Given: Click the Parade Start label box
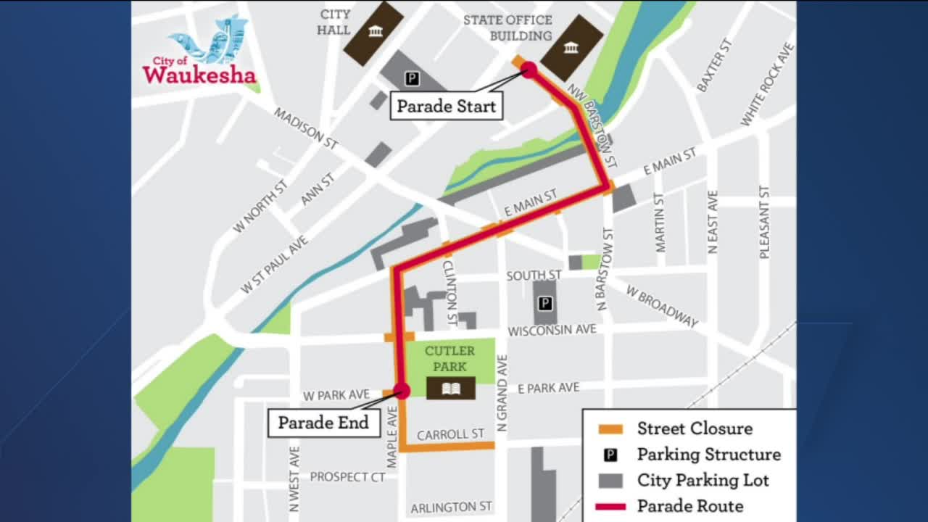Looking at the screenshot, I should [x=446, y=107].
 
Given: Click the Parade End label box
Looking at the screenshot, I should [x=323, y=423].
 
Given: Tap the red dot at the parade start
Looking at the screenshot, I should [x=529, y=70].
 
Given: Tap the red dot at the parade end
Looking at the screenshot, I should [x=402, y=391].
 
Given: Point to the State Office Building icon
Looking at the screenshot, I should [x=571, y=48].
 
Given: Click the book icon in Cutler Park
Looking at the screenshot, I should [x=450, y=389].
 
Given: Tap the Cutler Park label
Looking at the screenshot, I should [x=449, y=358].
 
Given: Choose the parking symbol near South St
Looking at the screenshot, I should [x=545, y=303].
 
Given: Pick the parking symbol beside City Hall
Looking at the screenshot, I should [x=412, y=78].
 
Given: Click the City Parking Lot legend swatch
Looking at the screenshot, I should [x=610, y=480].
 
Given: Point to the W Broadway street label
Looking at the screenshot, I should [x=662, y=305].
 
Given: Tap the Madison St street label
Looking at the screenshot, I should [x=306, y=128].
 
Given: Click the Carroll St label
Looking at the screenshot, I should [x=450, y=434].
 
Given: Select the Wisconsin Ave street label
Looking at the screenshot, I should [x=552, y=331].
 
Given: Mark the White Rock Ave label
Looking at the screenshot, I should [x=767, y=84].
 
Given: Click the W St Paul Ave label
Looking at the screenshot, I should [x=274, y=265].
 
